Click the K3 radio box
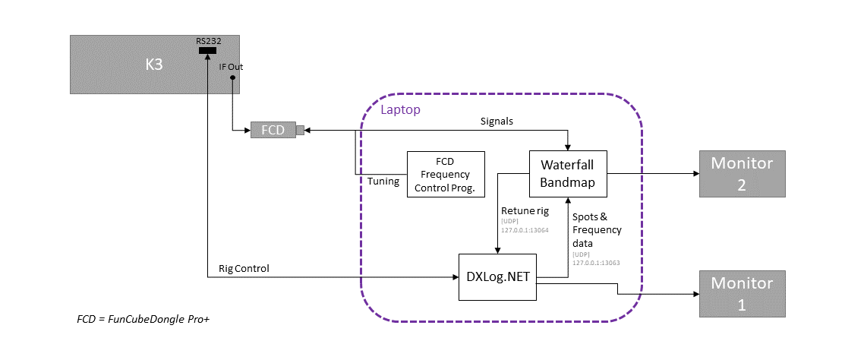[x=155, y=65]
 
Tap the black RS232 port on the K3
[x=207, y=51]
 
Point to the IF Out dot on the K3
[x=232, y=77]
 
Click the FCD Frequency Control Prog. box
[x=446, y=174]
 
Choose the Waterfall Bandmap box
[x=568, y=173]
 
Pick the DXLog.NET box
[x=498, y=277]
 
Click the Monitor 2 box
[x=742, y=173]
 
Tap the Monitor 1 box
[x=742, y=294]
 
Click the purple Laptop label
[x=400, y=109]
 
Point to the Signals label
[x=497, y=122]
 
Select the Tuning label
[x=383, y=181]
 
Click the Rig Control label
[x=244, y=268]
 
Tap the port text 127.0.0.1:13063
[x=596, y=263]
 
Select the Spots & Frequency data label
[x=597, y=230]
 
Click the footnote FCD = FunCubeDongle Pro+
[x=143, y=320]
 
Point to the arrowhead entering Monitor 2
[x=695, y=174]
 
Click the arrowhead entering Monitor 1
[x=695, y=294]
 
